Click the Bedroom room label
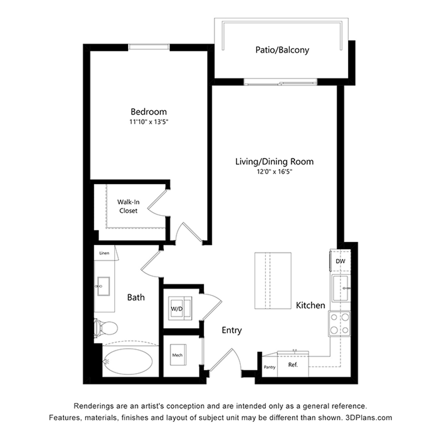(x=149, y=112)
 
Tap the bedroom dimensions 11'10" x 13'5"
(x=149, y=122)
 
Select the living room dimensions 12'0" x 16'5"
(x=274, y=172)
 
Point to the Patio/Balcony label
(x=282, y=50)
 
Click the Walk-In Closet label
(x=128, y=206)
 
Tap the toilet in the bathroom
(x=105, y=328)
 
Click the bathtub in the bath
(x=128, y=362)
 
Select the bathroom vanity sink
(x=103, y=286)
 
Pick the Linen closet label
(x=104, y=253)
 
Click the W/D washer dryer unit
(x=180, y=308)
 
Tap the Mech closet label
(x=177, y=355)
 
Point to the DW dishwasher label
(x=340, y=261)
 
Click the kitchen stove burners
(x=340, y=323)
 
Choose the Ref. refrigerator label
(x=293, y=365)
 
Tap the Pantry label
(x=269, y=367)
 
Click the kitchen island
(x=273, y=280)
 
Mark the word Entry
(x=232, y=330)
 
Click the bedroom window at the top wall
(x=149, y=47)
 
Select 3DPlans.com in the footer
(x=368, y=418)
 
